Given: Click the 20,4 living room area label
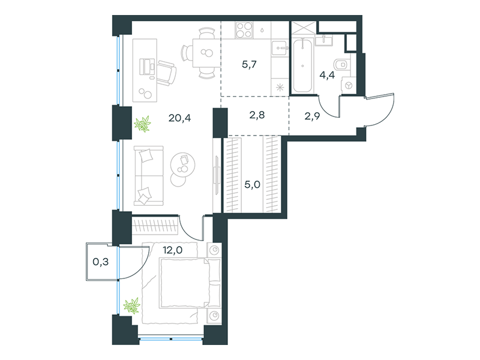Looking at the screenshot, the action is click(x=179, y=118).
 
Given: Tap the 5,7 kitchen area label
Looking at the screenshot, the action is click(x=249, y=64).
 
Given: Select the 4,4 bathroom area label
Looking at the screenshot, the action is click(x=327, y=74).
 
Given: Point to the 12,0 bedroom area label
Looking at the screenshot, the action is click(x=173, y=250).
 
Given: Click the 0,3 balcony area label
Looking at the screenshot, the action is click(x=100, y=262).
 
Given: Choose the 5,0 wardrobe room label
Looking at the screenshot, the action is click(x=252, y=184).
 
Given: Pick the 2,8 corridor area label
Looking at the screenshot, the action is click(x=257, y=115).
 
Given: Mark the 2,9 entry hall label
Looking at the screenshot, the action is click(x=312, y=116).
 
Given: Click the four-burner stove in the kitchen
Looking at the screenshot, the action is click(x=244, y=31).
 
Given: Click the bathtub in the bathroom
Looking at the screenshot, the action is click(x=302, y=65).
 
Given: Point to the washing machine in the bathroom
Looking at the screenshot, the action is click(x=349, y=85).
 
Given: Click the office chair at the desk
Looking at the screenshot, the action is click(x=167, y=72).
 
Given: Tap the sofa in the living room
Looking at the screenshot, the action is click(x=149, y=175).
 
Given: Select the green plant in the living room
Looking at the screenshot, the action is click(x=143, y=124).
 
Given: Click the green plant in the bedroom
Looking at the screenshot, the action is click(x=132, y=305).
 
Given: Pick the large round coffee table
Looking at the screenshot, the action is click(x=183, y=164).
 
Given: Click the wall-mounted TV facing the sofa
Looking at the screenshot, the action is click(x=217, y=175).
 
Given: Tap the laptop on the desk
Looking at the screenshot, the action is click(x=147, y=67).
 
